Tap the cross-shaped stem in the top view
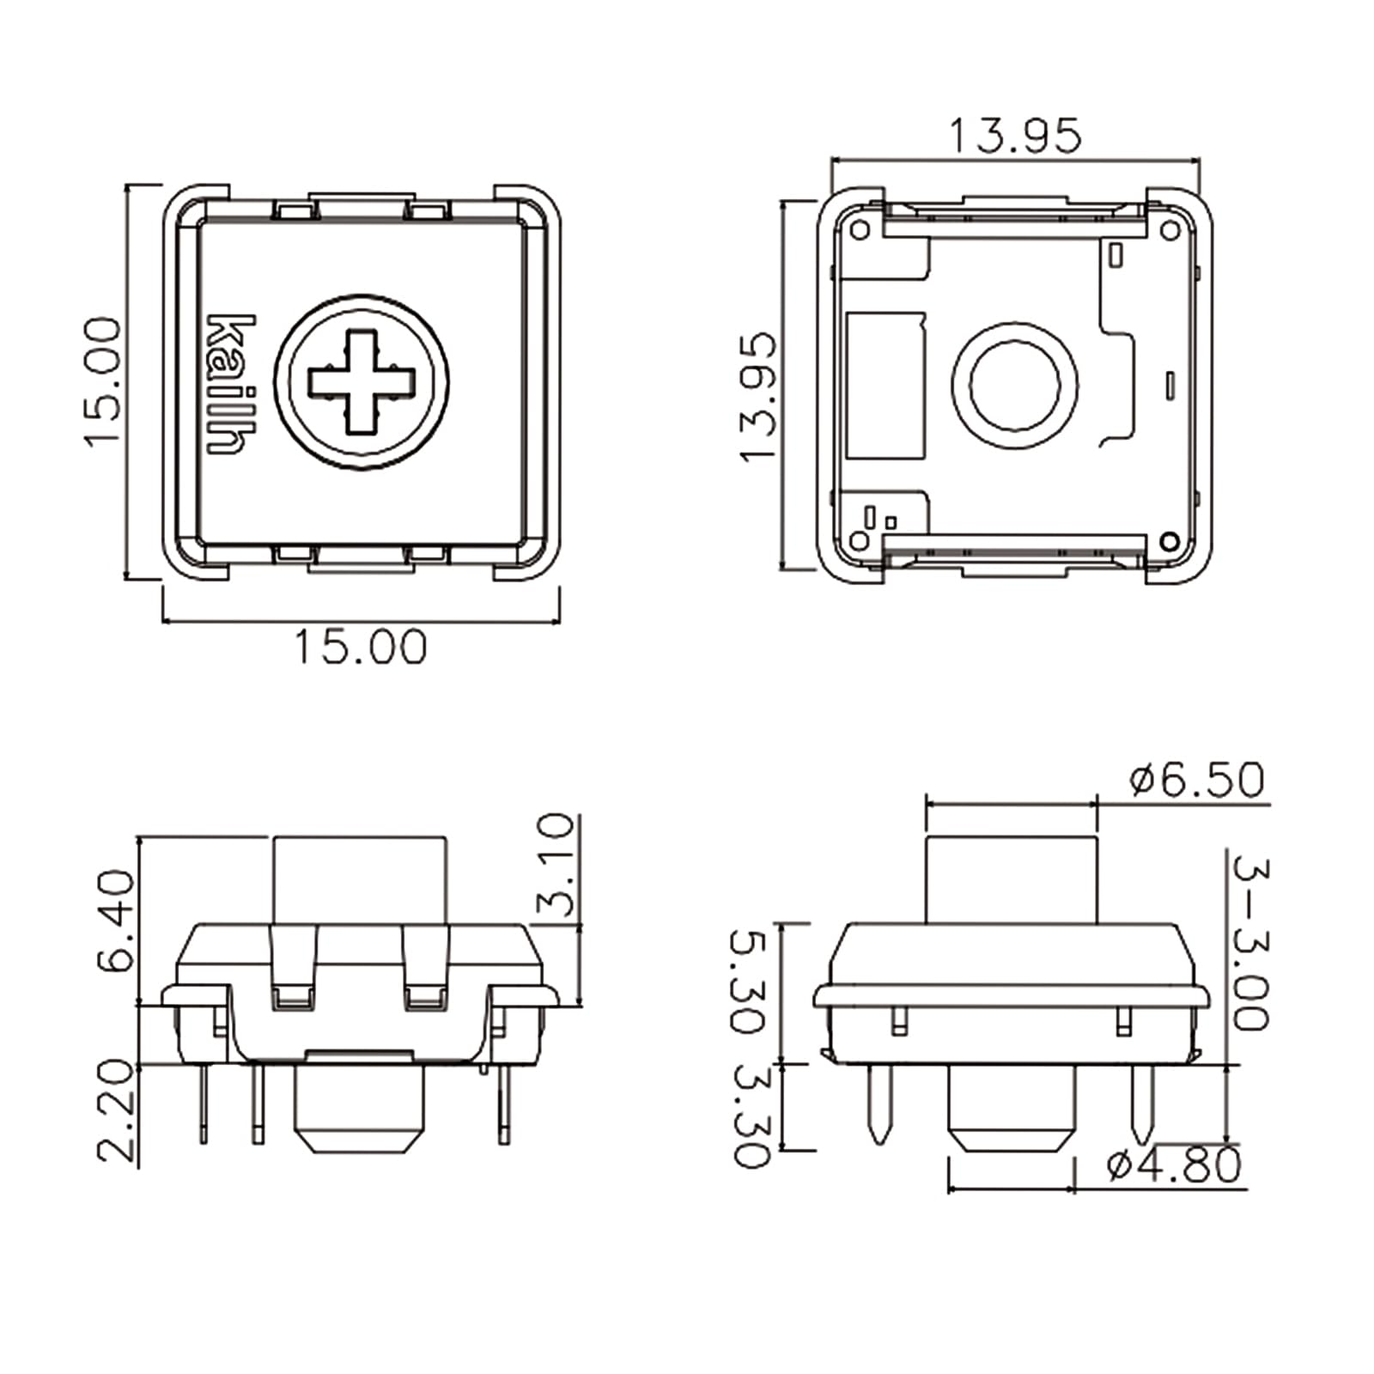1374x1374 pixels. click(x=362, y=381)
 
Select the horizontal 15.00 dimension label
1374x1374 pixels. click(x=361, y=647)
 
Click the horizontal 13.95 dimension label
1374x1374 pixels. click(x=1015, y=137)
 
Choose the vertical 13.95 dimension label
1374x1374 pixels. click(x=757, y=398)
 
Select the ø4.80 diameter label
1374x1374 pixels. click(x=1175, y=1165)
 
